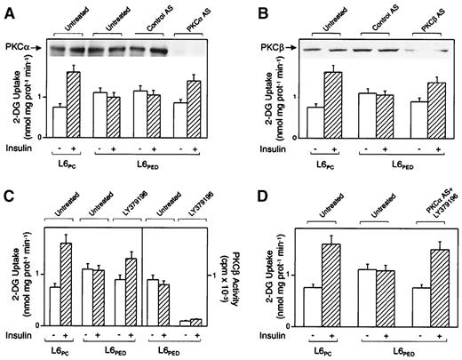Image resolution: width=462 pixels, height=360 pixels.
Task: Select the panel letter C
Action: point(9,193)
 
